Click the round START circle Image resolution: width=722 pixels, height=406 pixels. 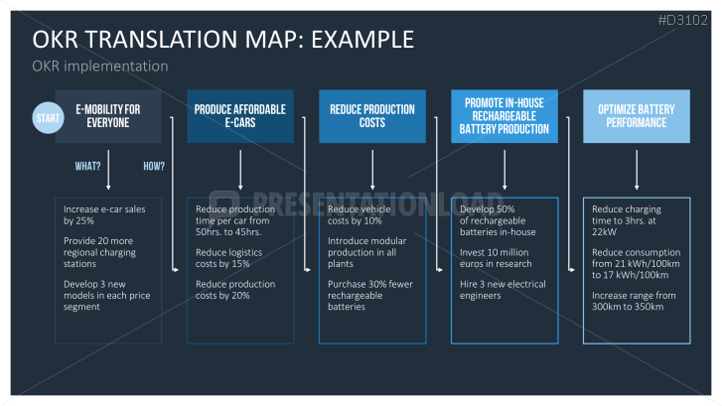pos(48,118)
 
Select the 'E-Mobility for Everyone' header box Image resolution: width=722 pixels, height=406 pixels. pos(108,116)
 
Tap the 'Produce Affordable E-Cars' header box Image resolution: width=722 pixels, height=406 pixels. pos(240,116)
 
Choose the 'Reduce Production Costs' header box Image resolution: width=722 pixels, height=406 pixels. pos(372,116)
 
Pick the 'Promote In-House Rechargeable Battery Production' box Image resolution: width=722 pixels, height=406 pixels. pos(505,116)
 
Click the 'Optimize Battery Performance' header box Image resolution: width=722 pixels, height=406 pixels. pos(637,116)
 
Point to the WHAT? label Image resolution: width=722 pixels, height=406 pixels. pos(88,166)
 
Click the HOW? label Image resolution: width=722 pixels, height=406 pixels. pos(154,166)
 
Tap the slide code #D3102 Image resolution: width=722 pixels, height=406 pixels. pos(683,20)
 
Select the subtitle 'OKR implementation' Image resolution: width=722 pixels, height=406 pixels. pos(100,67)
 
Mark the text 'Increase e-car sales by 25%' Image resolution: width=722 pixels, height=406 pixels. pos(104,215)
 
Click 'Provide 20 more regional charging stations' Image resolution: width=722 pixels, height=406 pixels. pos(100,252)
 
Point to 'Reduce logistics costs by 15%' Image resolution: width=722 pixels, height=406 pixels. pos(228,258)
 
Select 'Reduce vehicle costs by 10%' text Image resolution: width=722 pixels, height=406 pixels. pos(360,215)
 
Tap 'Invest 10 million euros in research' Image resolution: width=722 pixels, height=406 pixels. pos(496,258)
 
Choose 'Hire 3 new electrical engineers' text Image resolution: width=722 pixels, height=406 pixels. pos(503,290)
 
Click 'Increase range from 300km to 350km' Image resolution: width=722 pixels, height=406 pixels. pos(634,301)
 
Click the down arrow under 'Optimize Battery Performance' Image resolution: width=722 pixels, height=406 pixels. pos(637,170)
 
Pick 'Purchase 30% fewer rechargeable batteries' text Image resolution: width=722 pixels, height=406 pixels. pos(370,296)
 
